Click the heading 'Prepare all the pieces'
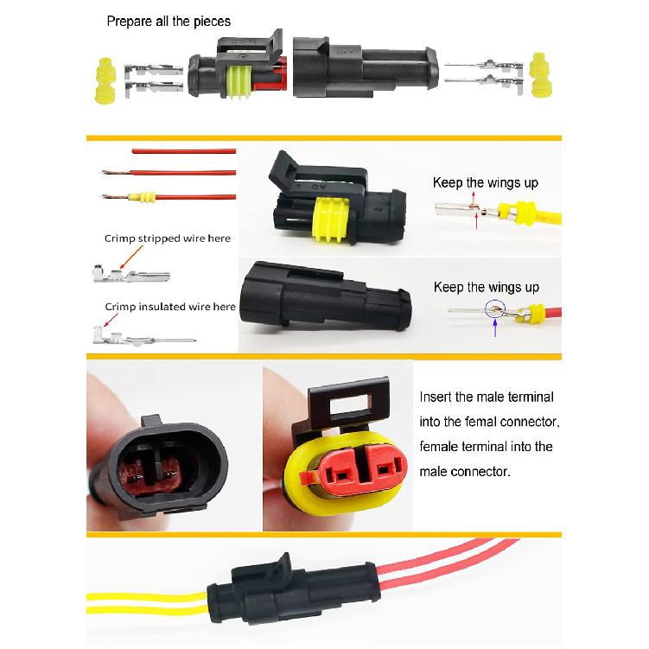[x=169, y=21]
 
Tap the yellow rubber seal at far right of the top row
[x=541, y=76]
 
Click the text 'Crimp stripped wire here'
[x=168, y=239]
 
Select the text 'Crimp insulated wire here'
[x=169, y=306]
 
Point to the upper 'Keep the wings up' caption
[x=486, y=183]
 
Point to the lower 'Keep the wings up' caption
[x=486, y=287]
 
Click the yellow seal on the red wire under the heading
[x=144, y=197]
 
